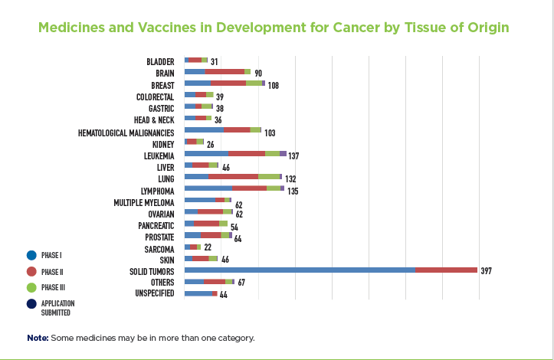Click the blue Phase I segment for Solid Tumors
pyautogui.click(x=300, y=270)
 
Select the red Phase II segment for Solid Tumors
pyautogui.click(x=446, y=270)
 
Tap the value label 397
pyautogui.click(x=487, y=271)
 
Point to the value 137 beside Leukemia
pyautogui.click(x=293, y=155)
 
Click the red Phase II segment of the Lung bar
pyautogui.click(x=233, y=176)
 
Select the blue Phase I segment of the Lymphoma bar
pyautogui.click(x=208, y=188)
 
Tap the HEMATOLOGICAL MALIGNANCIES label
pyautogui.click(x=126, y=132)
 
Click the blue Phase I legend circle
pyautogui.click(x=31, y=254)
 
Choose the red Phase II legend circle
pyautogui.click(x=31, y=271)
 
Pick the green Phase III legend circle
pyautogui.click(x=31, y=287)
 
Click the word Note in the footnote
pyautogui.click(x=37, y=338)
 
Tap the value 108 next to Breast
pyautogui.click(x=273, y=85)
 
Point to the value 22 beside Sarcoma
pyautogui.click(x=208, y=248)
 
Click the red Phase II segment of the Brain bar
pyautogui.click(x=225, y=71)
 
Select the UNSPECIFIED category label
pyautogui.click(x=155, y=293)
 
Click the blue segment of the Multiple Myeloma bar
pyautogui.click(x=200, y=199)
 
